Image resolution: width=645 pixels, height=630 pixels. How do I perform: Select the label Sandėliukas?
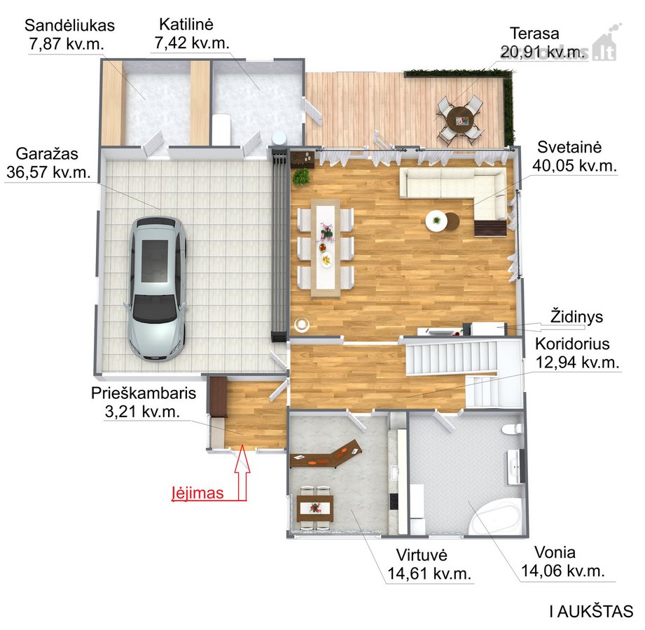coord(69,25)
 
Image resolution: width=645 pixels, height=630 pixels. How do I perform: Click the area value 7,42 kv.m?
coord(192,43)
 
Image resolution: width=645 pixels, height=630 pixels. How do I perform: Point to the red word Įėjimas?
coord(197,493)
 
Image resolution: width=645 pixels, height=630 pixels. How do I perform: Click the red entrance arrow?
coord(242,473)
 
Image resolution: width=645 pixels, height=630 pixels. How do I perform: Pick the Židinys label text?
coord(576,317)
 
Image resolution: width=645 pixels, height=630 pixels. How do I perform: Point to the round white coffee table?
coord(436,220)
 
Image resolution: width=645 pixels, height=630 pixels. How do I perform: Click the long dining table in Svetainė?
coord(326,248)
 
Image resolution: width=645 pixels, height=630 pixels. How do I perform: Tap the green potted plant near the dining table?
coord(301,177)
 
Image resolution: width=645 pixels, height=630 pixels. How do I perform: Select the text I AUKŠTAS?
coord(591,612)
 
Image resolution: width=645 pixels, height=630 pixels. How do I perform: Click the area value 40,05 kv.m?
coord(574,166)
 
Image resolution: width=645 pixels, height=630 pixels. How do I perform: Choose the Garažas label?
coord(47,154)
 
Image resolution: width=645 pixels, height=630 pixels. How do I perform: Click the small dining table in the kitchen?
coord(316,508)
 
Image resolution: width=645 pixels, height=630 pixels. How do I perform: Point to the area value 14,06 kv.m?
coord(563,570)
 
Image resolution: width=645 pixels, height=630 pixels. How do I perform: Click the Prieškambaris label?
coord(144,393)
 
